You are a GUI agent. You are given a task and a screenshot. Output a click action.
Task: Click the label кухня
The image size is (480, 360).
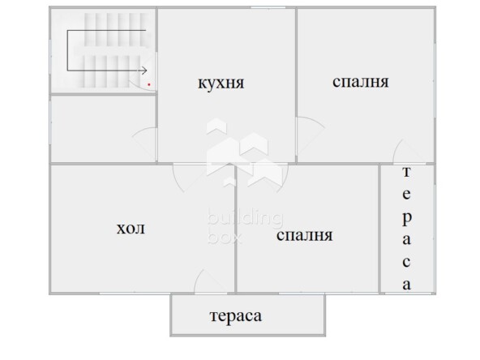pyautogui.click(x=221, y=84)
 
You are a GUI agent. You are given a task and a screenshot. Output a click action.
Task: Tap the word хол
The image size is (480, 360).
pyautogui.click(x=131, y=229)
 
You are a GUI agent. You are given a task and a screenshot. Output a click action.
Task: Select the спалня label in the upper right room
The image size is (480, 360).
pyautogui.click(x=360, y=81)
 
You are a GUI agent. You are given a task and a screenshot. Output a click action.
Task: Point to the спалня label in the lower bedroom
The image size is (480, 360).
pyautogui.click(x=304, y=235)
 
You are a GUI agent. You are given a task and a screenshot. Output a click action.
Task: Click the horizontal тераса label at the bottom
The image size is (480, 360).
pyautogui.click(x=236, y=316)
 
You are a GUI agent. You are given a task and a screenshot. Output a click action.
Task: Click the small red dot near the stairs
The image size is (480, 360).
pyautogui.click(x=149, y=84)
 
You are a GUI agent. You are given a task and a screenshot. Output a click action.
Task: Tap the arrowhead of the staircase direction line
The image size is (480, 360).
pyautogui.click(x=144, y=71)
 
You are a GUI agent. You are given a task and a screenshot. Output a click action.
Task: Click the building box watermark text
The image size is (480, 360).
pyautogui.click(x=245, y=225)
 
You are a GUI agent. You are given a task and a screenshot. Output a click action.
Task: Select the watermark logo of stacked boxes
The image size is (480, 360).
pyautogui.click(x=244, y=152)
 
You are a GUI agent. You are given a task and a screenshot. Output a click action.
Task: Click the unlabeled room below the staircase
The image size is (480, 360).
pyautogui.click(x=103, y=129)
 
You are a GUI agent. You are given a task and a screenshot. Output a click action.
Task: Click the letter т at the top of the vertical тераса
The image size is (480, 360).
pyautogui.click(x=406, y=172)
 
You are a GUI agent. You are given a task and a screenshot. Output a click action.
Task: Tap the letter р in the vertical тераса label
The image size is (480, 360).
pyautogui.click(x=406, y=218)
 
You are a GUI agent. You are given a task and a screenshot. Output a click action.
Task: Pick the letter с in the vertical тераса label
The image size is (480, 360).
pyautogui.click(x=406, y=262)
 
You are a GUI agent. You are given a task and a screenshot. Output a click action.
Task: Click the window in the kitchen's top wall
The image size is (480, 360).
pyautogui.click(x=268, y=7)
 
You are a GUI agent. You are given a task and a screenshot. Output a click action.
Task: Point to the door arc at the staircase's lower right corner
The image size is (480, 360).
pyautogui.click(x=139, y=85)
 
